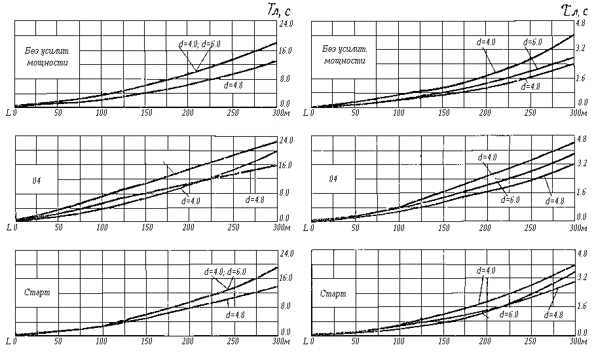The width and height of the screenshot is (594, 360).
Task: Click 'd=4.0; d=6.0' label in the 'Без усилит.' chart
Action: coord(200,44)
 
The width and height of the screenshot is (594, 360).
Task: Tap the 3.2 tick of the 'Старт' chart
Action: coord(582,278)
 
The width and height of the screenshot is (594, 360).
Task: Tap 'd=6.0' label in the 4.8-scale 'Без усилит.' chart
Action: coord(532,43)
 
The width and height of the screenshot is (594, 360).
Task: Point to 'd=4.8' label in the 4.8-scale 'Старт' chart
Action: coord(554,315)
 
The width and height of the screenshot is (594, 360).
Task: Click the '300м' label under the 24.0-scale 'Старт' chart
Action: coord(282,342)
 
